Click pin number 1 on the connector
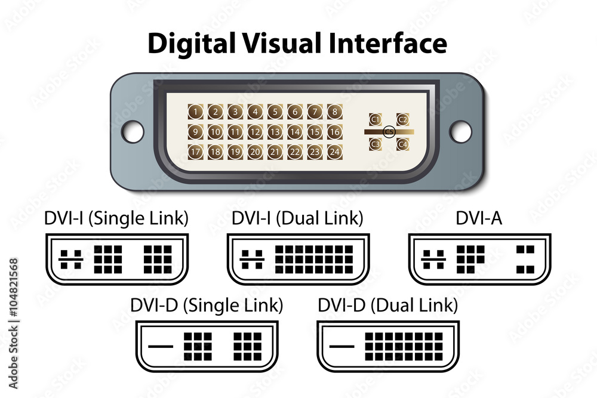pos(195,111)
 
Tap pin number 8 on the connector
pos(334,111)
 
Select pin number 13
pos(275,132)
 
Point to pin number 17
pos(195,152)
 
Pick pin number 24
pos(334,152)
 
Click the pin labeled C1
pos(376,120)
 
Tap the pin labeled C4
pos(402,144)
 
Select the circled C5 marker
pos(389,131)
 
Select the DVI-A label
pos(479,218)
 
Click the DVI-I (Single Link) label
pos(116,218)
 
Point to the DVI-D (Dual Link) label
pos(387,306)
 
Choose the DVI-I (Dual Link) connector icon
pos(297,259)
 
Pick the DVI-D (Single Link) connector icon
pos(207,346)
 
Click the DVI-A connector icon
pos(479,259)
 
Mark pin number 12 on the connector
pos(255,132)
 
